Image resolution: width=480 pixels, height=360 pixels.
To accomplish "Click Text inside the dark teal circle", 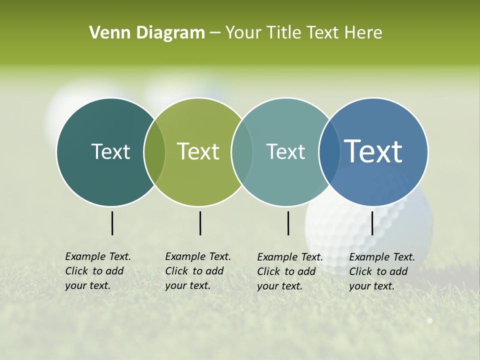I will click(x=110, y=151).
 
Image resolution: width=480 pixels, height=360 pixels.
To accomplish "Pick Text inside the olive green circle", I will click(x=198, y=151).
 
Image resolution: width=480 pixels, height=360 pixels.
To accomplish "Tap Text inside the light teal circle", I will click(x=285, y=151).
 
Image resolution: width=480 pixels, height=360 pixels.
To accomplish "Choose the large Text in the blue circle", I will click(x=373, y=151).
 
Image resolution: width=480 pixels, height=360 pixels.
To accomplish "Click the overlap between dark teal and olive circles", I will click(x=154, y=152).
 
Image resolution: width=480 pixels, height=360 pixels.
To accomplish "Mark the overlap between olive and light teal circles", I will click(x=242, y=152).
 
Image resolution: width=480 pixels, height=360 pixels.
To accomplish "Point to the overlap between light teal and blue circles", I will click(x=329, y=152).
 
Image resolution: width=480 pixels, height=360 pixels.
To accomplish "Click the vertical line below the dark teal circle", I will click(x=112, y=223).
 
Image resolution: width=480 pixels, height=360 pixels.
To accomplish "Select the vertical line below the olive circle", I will click(x=200, y=223).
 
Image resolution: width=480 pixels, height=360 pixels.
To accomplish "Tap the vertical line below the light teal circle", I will click(x=288, y=223).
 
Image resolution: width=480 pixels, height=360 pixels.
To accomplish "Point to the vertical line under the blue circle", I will click(x=372, y=223).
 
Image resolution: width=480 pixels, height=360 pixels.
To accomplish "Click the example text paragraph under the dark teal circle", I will click(x=98, y=271).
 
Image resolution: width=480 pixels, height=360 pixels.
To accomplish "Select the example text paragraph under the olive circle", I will click(x=198, y=271).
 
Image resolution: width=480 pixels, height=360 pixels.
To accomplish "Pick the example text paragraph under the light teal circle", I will click(x=290, y=271).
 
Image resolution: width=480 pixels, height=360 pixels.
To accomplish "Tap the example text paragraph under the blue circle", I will click(x=382, y=271).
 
